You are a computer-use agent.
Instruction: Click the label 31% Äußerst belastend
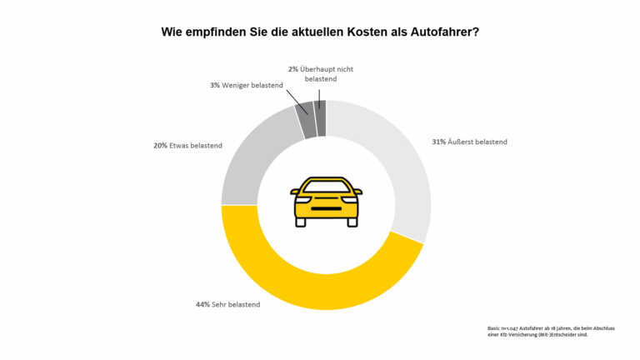click(469, 142)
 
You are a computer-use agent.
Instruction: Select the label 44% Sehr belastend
click(227, 304)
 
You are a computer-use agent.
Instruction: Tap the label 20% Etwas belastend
click(187, 146)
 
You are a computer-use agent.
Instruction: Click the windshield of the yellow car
click(326, 187)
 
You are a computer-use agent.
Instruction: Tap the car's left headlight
click(302, 199)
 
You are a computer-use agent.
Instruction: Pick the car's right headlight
click(350, 199)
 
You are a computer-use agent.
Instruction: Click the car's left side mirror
click(294, 192)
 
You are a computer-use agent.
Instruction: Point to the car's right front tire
click(352, 222)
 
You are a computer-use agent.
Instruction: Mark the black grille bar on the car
click(326, 207)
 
